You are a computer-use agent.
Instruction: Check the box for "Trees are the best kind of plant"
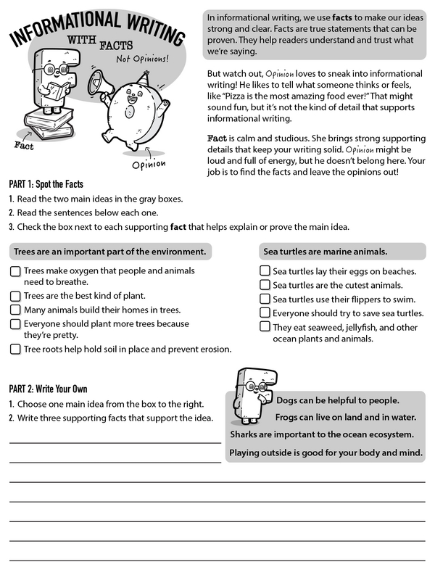click(14, 296)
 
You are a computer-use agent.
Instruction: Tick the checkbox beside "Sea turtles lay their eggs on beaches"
click(265, 271)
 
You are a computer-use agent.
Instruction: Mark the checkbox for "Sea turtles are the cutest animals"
click(265, 285)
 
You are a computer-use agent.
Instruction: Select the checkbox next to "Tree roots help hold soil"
click(14, 349)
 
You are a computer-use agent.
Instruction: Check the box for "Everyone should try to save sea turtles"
click(265, 313)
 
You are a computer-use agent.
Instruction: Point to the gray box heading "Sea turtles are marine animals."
click(323, 252)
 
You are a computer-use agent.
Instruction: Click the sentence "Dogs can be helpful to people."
click(337, 400)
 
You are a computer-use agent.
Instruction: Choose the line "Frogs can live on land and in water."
click(344, 417)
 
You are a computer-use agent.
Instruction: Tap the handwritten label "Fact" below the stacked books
click(24, 145)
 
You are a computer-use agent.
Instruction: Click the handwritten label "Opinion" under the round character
click(148, 162)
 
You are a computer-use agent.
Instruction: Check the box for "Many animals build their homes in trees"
click(14, 310)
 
